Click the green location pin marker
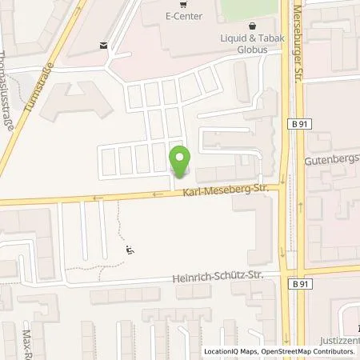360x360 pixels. [181, 158]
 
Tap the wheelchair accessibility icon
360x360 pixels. [130, 250]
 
